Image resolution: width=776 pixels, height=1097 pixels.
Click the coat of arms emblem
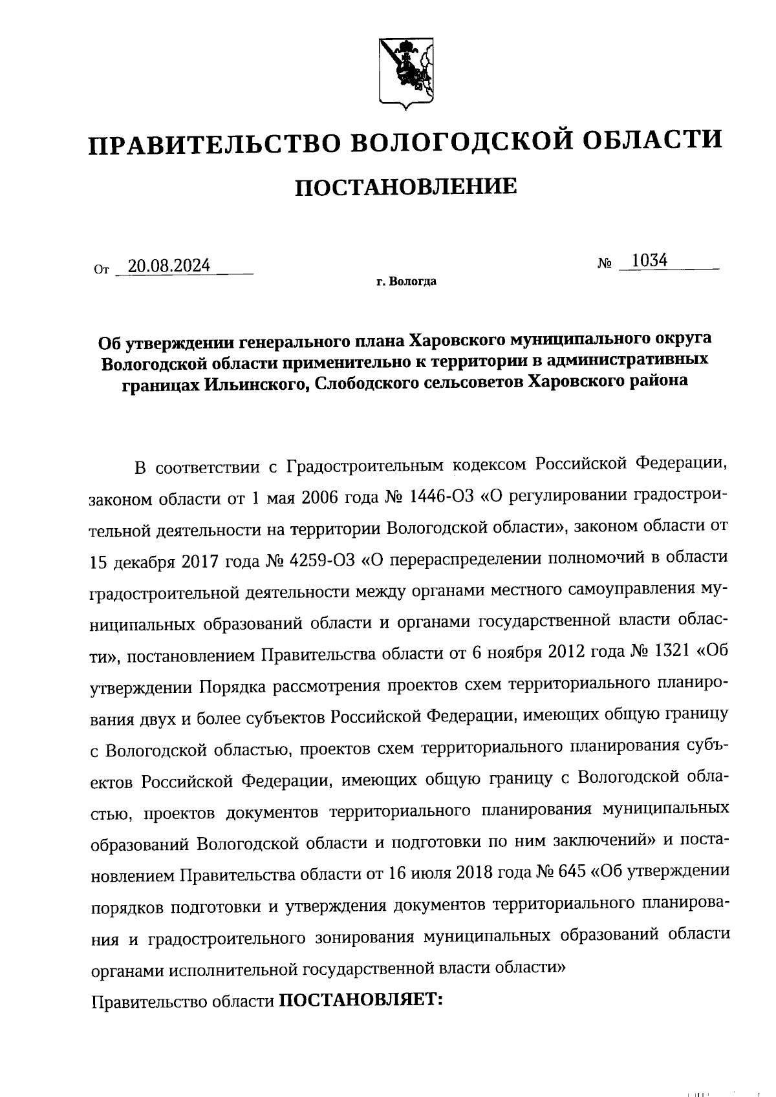click(405, 71)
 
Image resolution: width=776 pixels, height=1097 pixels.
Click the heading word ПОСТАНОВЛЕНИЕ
click(406, 187)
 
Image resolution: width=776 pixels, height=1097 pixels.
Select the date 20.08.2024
click(169, 266)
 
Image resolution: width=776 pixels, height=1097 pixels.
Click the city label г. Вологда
click(406, 282)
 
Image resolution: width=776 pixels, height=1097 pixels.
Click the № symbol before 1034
click(605, 264)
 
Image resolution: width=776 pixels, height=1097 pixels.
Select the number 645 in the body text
click(569, 872)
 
